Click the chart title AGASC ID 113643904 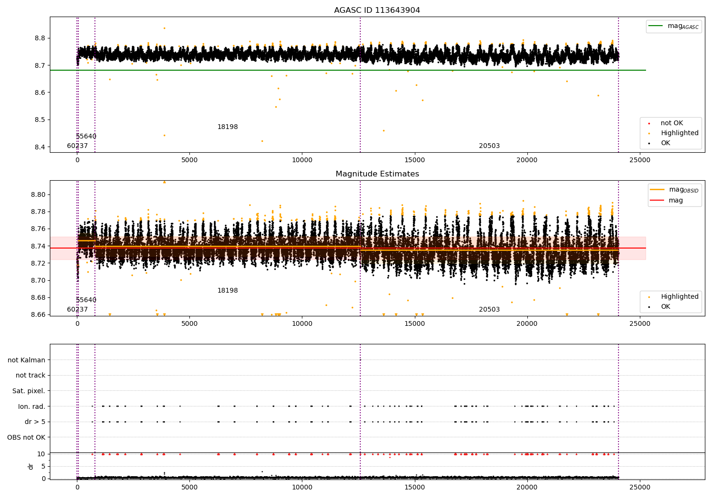(x=377, y=10)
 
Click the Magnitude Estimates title (x=377, y=174)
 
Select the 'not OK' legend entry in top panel (x=672, y=123)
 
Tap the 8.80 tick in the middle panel (x=37, y=194)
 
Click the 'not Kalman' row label (x=27, y=360)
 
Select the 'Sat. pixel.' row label (x=28, y=391)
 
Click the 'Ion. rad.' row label (x=31, y=406)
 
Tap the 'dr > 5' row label (x=35, y=422)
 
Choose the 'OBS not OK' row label (x=26, y=437)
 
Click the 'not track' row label (x=30, y=375)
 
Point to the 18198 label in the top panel (x=227, y=127)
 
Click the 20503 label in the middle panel (x=489, y=310)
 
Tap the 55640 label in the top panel (x=86, y=137)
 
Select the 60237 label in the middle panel (x=77, y=310)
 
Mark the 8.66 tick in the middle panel (x=37, y=314)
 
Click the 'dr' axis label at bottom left (x=31, y=466)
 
